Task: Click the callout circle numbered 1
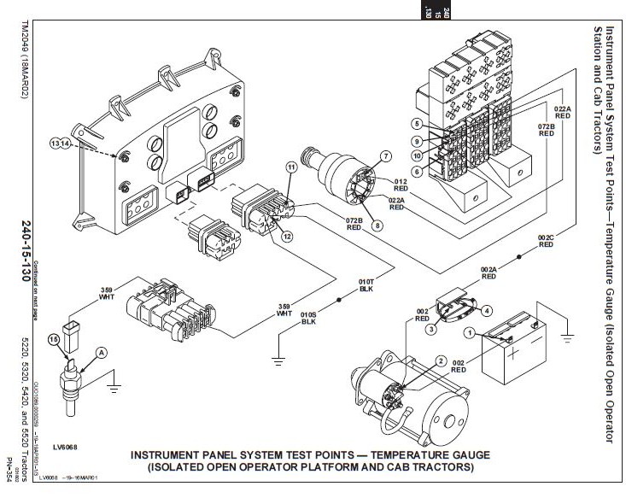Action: [x=469, y=331]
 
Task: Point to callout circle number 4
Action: [x=488, y=310]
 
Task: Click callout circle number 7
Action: [x=385, y=156]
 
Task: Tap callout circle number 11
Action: [x=290, y=169]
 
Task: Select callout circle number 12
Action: [x=287, y=236]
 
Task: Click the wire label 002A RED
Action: [x=489, y=272]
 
